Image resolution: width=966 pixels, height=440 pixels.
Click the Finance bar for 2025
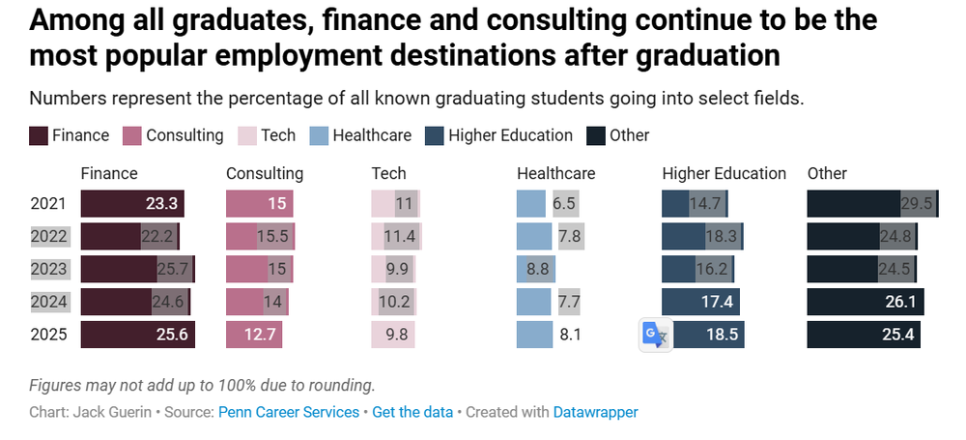click(x=138, y=335)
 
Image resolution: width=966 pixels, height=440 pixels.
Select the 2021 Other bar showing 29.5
click(x=873, y=204)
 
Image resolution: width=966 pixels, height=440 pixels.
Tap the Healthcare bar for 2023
click(x=536, y=269)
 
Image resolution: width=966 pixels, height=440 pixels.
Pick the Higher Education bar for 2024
click(x=701, y=302)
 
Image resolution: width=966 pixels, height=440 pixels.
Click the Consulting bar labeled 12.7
click(x=254, y=335)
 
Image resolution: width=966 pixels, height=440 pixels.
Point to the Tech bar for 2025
click(x=393, y=335)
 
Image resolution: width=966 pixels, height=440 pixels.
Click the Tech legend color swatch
click(x=247, y=135)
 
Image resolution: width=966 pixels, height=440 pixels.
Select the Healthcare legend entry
click(x=359, y=135)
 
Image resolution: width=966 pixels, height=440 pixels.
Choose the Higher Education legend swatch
click(x=435, y=135)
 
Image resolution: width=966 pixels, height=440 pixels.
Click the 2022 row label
click(x=48, y=236)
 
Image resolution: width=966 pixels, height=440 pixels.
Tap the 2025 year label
click(x=48, y=335)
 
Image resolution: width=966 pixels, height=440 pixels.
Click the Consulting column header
click(x=265, y=174)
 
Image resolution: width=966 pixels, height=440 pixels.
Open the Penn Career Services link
click(x=289, y=412)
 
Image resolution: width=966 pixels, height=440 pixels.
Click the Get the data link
click(x=412, y=412)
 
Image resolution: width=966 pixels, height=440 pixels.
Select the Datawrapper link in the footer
click(x=596, y=412)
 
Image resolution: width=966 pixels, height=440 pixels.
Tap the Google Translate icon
click(x=656, y=336)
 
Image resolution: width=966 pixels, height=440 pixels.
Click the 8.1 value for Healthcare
click(x=569, y=336)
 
